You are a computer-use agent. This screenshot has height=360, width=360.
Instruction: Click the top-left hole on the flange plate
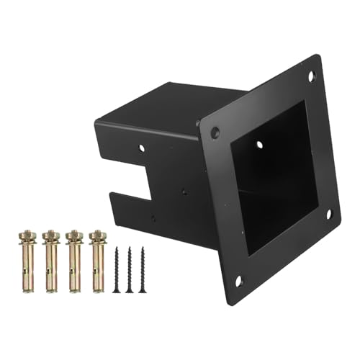click(x=215, y=132)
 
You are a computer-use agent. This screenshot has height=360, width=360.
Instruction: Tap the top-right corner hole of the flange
click(x=312, y=75)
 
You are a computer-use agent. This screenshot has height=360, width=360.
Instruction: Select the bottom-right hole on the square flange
click(x=328, y=213)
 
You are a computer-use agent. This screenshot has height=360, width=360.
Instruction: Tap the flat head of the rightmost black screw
click(x=143, y=248)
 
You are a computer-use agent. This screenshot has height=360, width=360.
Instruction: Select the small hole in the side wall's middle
click(x=184, y=193)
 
